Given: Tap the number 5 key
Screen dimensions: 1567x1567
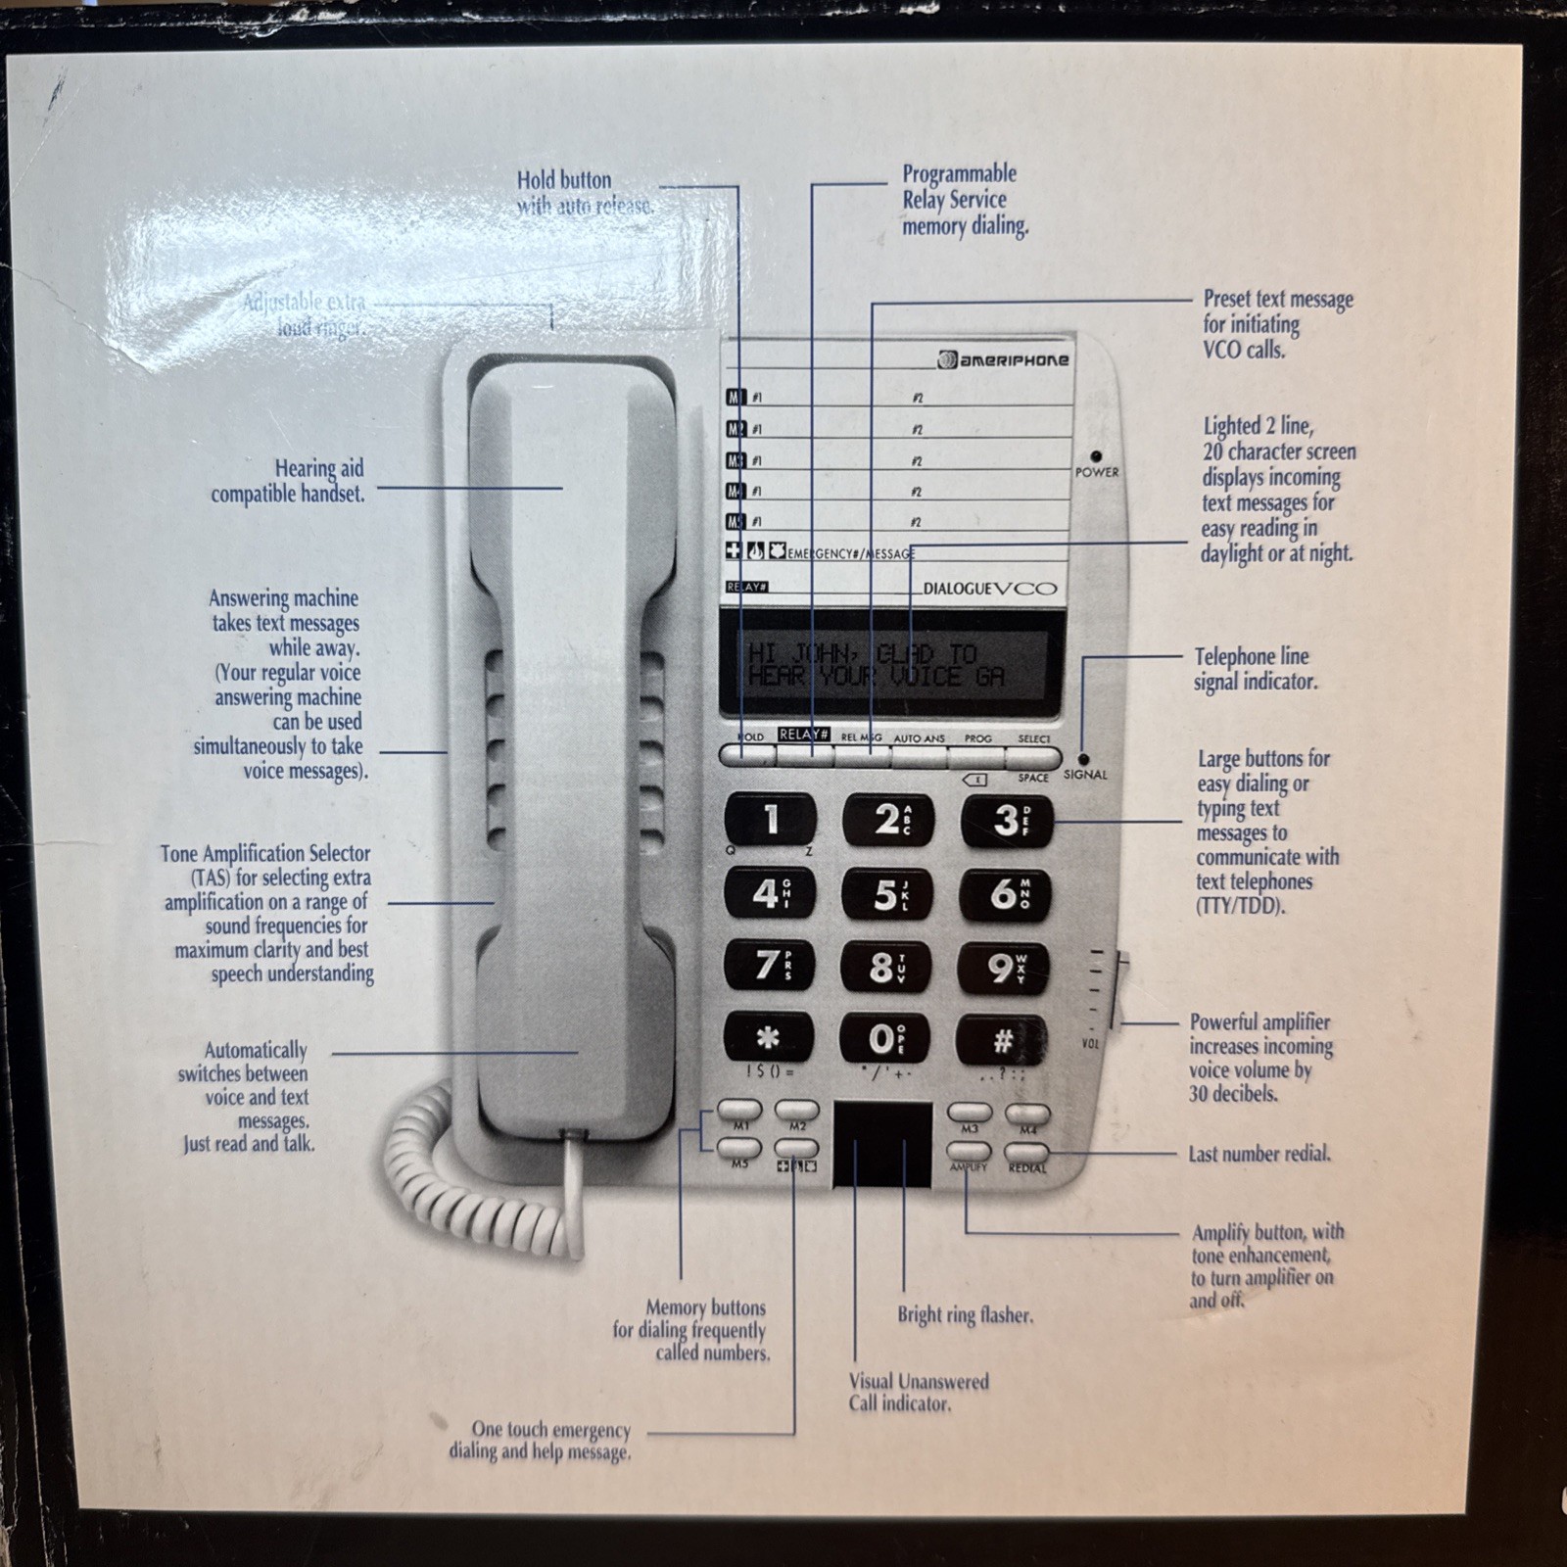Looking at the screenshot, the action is coord(885,894).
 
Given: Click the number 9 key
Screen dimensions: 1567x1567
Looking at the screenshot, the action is coord(1003,968).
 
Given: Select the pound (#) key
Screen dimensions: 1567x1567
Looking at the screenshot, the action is coord(1002,1040).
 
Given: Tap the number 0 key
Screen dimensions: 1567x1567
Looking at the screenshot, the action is coord(884,1038).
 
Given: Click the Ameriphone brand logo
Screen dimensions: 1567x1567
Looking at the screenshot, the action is coord(1003,360).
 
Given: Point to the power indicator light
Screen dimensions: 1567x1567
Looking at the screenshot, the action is coord(1096,456).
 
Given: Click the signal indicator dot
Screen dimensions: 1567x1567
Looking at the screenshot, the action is coord(1083,759).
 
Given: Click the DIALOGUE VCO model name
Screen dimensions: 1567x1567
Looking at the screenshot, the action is coord(989,589).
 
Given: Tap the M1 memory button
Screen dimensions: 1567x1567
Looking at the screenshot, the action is coord(740,1111).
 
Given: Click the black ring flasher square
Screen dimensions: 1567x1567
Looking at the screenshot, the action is coord(881,1144).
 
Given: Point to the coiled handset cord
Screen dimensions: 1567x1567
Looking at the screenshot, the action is coord(470,1175).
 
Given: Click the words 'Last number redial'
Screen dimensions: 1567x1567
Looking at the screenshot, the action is coord(1259,1154).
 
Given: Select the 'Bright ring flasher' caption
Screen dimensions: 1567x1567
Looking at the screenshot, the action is coord(965,1315).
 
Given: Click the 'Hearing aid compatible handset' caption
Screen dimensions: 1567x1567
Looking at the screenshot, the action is coord(289,481).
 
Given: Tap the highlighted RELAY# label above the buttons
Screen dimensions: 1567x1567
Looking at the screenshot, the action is coord(804,735).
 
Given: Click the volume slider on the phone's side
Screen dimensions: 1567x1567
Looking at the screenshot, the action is coord(1123,979).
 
